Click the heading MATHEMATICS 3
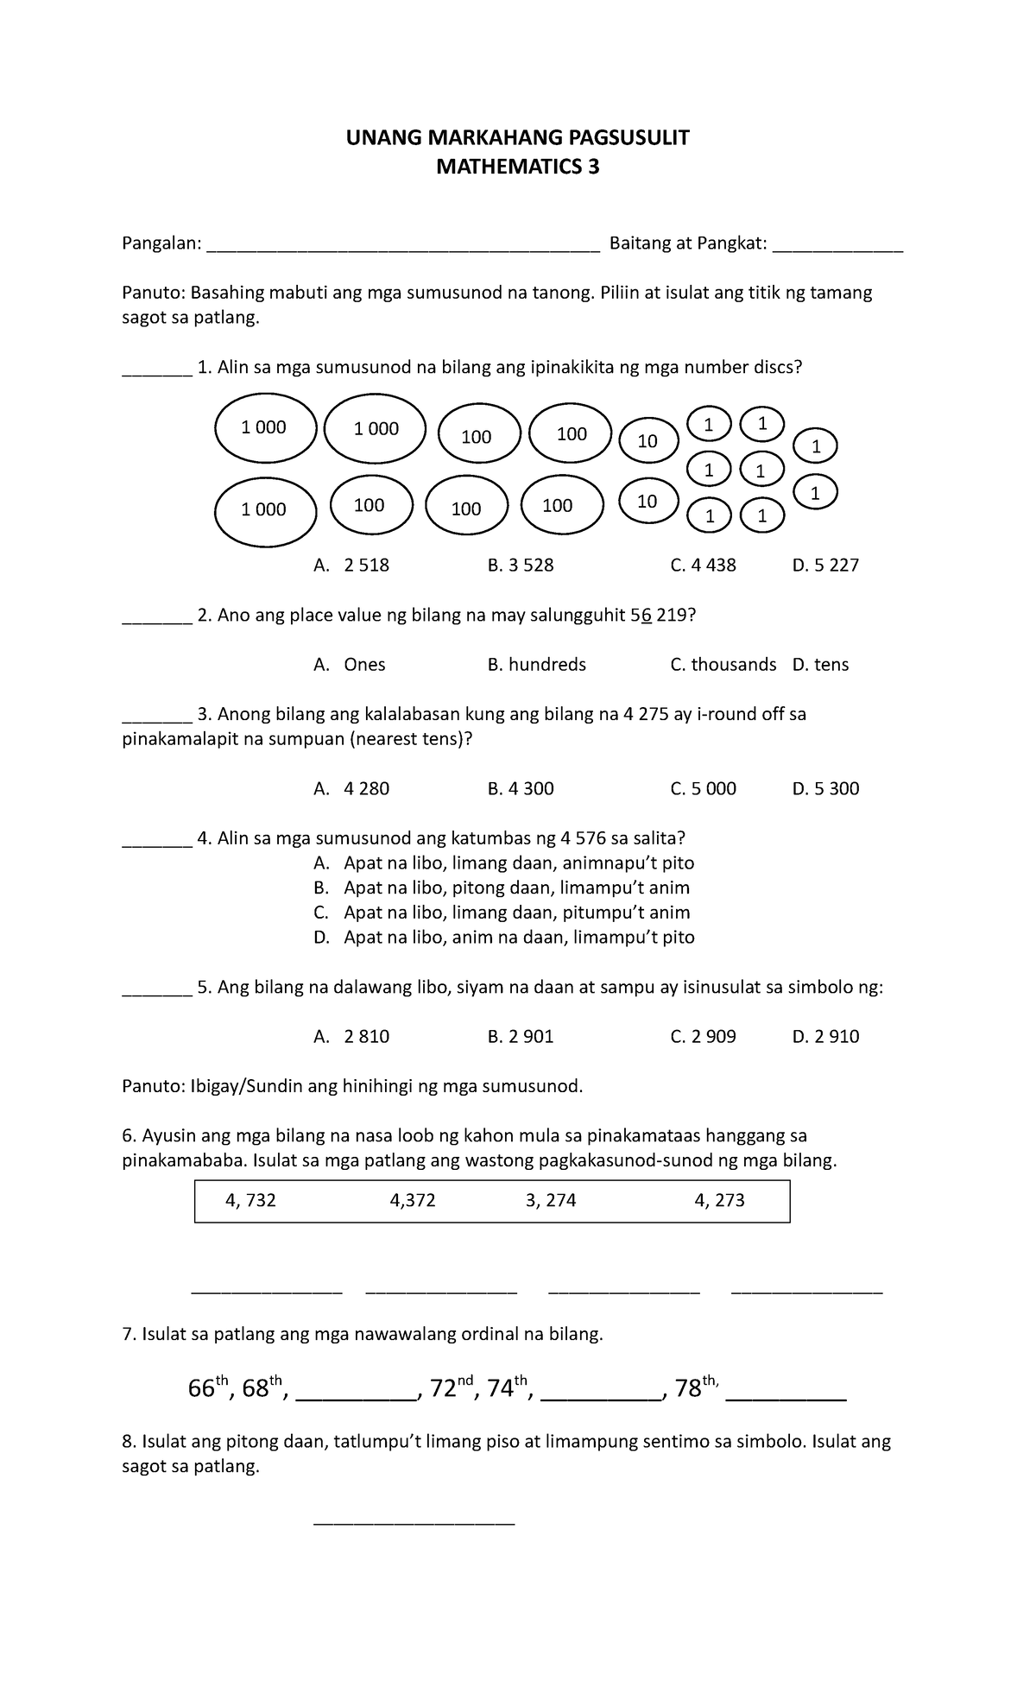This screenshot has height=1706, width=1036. (x=517, y=167)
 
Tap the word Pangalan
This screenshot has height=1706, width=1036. (x=161, y=244)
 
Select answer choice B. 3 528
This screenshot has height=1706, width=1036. (x=521, y=566)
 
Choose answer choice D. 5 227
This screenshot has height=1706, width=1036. (x=825, y=566)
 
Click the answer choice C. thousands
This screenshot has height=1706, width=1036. (x=723, y=665)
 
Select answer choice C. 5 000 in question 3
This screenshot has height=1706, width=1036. (x=703, y=788)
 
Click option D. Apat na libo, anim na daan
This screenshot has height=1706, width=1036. (x=504, y=938)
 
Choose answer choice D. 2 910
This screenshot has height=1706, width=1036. (x=825, y=1037)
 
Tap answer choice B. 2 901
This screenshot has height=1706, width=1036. (x=521, y=1037)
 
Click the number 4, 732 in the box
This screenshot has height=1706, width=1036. (x=250, y=1201)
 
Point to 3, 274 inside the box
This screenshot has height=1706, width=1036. (x=551, y=1201)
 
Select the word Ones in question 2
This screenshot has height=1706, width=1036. (x=364, y=665)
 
